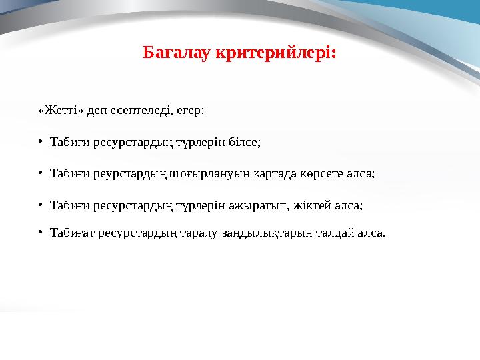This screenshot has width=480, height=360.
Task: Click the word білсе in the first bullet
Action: (x=244, y=142)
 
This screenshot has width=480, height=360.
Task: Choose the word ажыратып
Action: (x=259, y=206)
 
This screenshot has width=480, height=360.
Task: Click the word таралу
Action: (x=197, y=233)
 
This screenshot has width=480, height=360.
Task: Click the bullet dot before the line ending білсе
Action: (x=41, y=142)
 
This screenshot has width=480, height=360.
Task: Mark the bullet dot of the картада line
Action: (x=41, y=173)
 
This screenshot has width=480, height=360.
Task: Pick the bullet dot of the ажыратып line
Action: (x=41, y=206)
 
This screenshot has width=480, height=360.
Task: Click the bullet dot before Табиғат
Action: (x=41, y=233)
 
